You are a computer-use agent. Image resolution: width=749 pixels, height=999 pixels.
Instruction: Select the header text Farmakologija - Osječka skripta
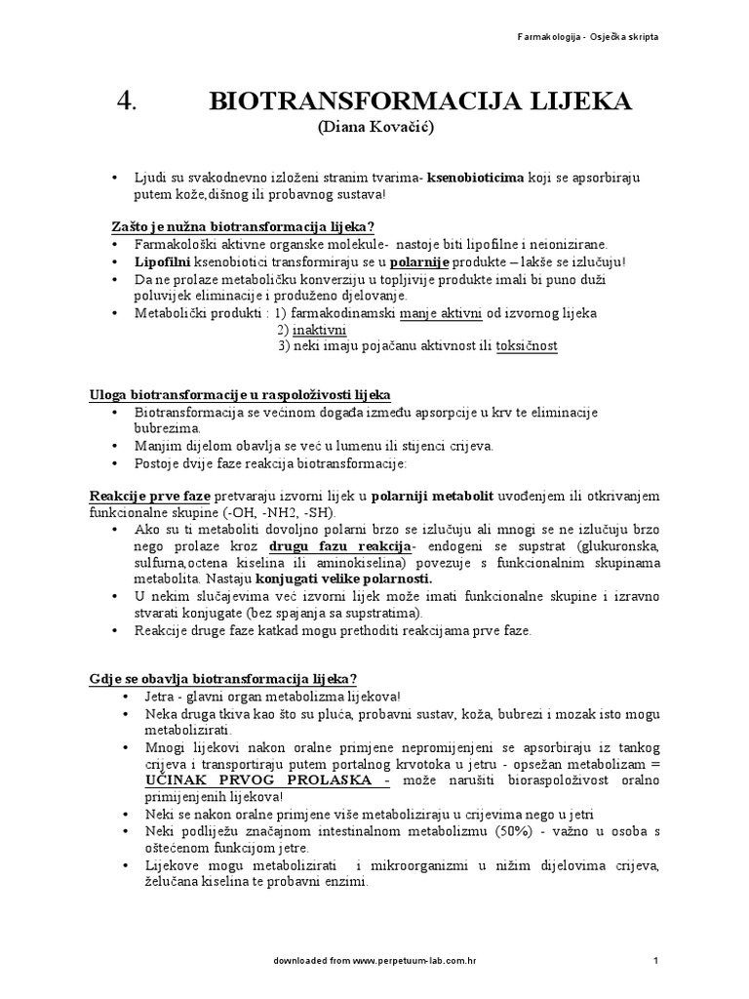(592, 37)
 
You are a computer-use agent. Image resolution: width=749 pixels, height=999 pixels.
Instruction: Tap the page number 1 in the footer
(655, 963)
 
